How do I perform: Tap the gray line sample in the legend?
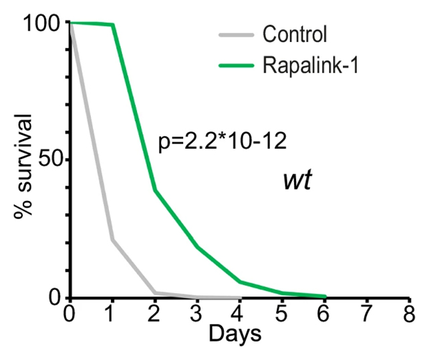click(236, 33)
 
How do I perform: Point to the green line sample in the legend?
click(236, 65)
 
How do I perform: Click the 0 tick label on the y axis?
click(57, 297)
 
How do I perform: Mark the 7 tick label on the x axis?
click(366, 314)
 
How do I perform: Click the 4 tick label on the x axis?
click(239, 314)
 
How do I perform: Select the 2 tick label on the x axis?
click(154, 314)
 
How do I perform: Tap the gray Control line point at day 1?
click(112, 240)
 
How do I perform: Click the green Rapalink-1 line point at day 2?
click(154, 190)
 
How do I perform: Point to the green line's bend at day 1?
click(112, 25)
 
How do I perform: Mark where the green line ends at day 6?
click(324, 296)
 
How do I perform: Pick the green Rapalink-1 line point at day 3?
click(197, 246)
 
